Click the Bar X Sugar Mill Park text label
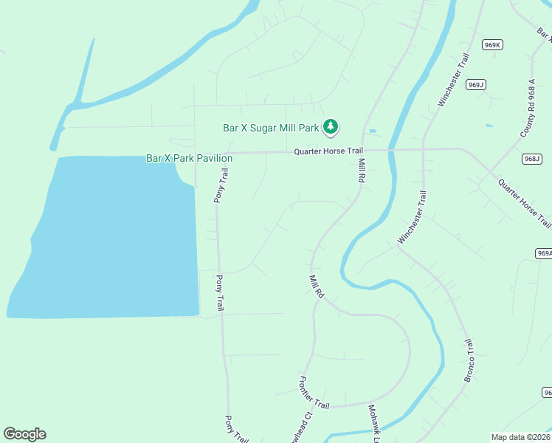[271, 128]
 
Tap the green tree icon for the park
[331, 128]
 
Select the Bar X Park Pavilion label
[190, 158]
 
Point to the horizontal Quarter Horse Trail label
[328, 151]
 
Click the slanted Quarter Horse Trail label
[524, 203]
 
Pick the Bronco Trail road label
[470, 361]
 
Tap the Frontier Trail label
[313, 392]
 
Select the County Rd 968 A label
[527, 118]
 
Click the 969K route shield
[493, 45]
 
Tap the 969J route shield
[476, 85]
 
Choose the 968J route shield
[531, 159]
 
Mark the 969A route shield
[544, 253]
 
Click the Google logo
[24, 433]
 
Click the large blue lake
[111, 236]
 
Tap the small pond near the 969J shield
[489, 126]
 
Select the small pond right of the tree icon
[372, 131]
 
